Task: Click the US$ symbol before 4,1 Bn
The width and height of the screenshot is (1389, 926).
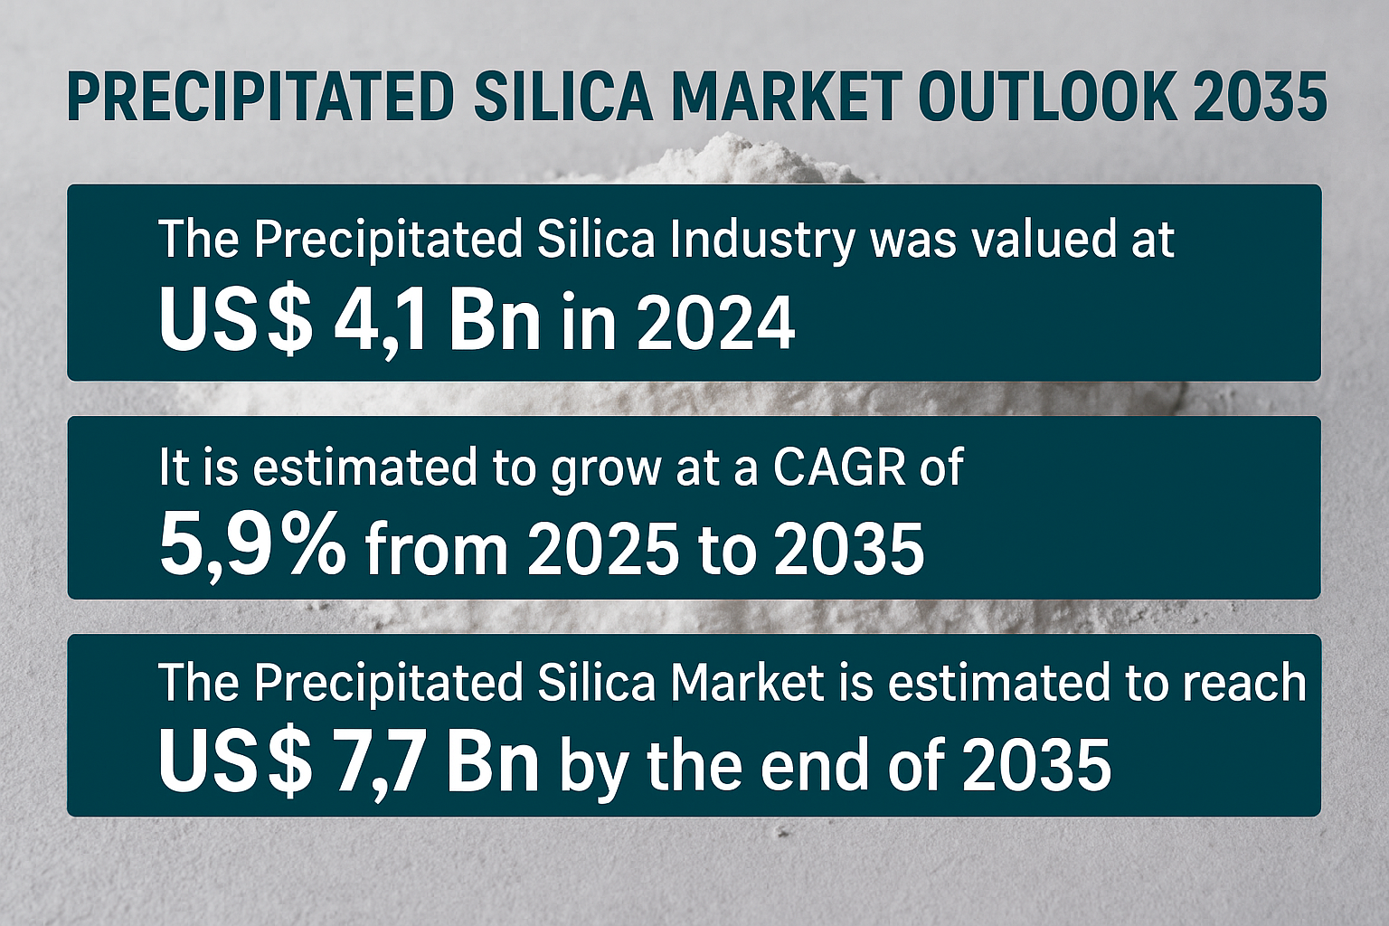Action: tap(236, 323)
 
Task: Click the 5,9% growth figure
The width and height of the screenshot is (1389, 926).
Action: tap(251, 547)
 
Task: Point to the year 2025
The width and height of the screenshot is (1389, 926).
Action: tap(601, 548)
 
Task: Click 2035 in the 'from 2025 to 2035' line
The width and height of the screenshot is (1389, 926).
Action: tap(849, 548)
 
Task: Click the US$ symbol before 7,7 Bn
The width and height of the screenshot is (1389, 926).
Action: tap(236, 764)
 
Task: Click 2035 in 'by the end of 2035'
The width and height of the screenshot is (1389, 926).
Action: tap(1035, 764)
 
